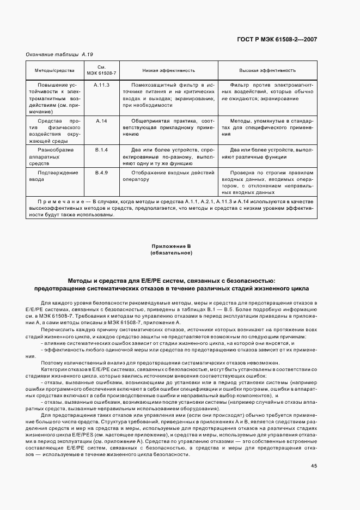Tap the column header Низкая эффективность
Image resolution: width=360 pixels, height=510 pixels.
pyautogui.click(x=169, y=71)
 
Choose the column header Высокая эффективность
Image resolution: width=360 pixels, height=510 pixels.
pyautogui.click(x=267, y=71)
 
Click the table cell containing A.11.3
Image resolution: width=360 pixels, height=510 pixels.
pyautogui.click(x=101, y=86)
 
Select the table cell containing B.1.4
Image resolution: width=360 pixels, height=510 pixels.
pyautogui.click(x=101, y=149)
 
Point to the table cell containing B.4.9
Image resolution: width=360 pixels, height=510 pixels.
pyautogui.click(x=101, y=172)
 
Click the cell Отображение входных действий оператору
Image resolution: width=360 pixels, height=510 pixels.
pyautogui.click(x=169, y=175)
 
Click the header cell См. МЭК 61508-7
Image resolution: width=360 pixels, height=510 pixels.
pyautogui.click(x=101, y=71)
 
